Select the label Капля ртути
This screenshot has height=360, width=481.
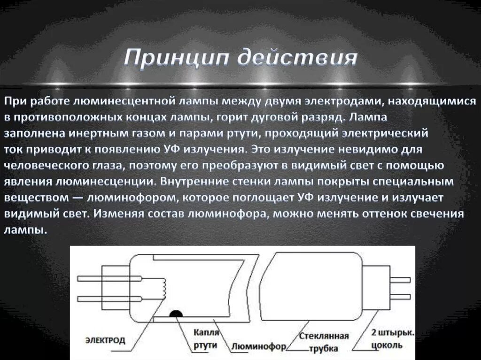click(x=206, y=338)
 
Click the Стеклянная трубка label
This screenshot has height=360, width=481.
click(x=325, y=342)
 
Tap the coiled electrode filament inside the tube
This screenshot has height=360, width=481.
click(x=163, y=286)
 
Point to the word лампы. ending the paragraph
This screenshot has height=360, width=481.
click(x=26, y=230)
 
